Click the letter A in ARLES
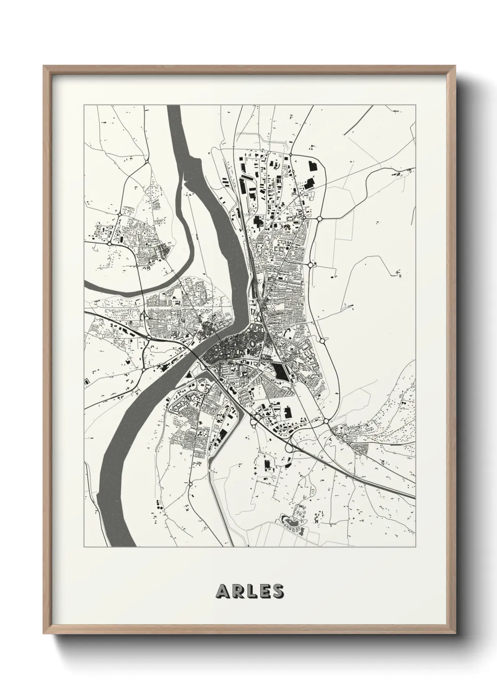222,591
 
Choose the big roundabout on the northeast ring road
319,218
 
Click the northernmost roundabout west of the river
147,162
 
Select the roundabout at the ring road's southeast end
326,421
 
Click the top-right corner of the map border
415,105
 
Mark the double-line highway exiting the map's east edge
404,493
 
